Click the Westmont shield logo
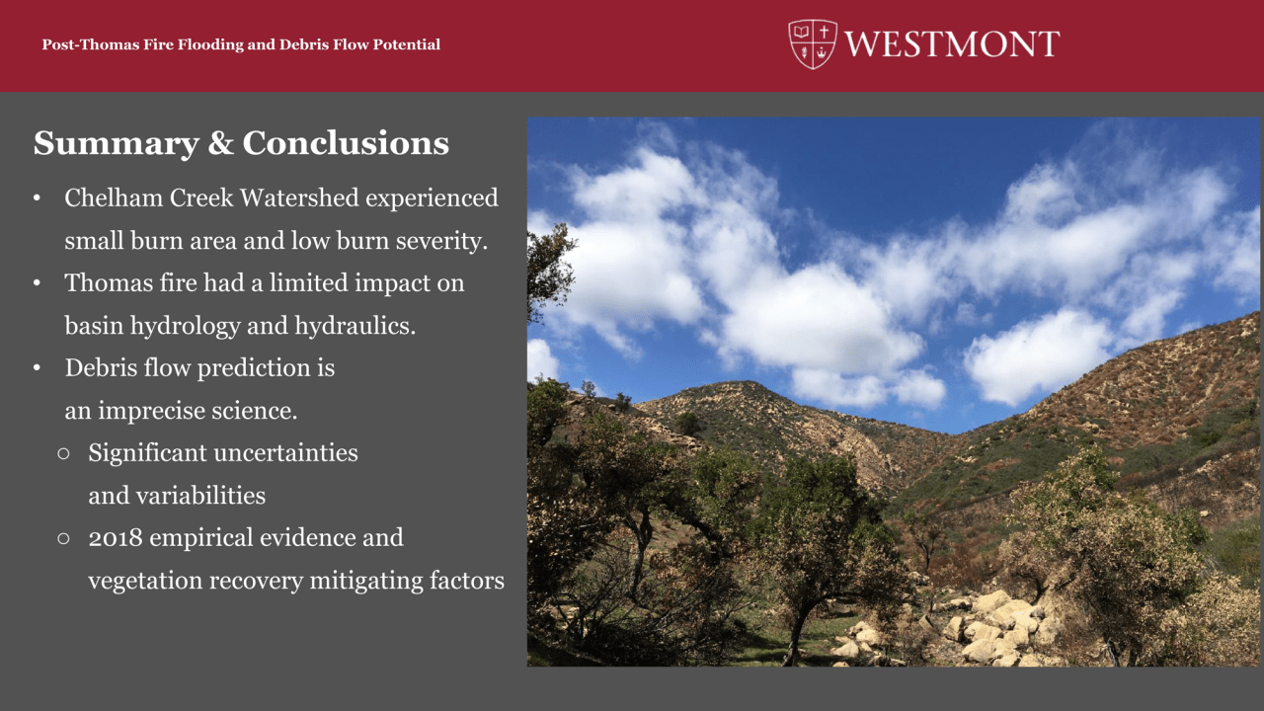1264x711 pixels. pyautogui.click(x=813, y=44)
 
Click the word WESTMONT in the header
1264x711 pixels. pyautogui.click(x=952, y=44)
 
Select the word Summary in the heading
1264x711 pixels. pyautogui.click(x=117, y=144)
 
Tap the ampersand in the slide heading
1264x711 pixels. pyautogui.click(x=220, y=143)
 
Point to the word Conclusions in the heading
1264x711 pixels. pyautogui.click(x=346, y=143)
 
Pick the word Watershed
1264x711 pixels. pyautogui.click(x=299, y=197)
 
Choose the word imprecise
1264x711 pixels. pyautogui.click(x=151, y=411)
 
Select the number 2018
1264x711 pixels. pyautogui.click(x=116, y=538)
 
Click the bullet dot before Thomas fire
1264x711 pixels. pyautogui.click(x=37, y=283)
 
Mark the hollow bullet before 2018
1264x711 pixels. pyautogui.click(x=64, y=538)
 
